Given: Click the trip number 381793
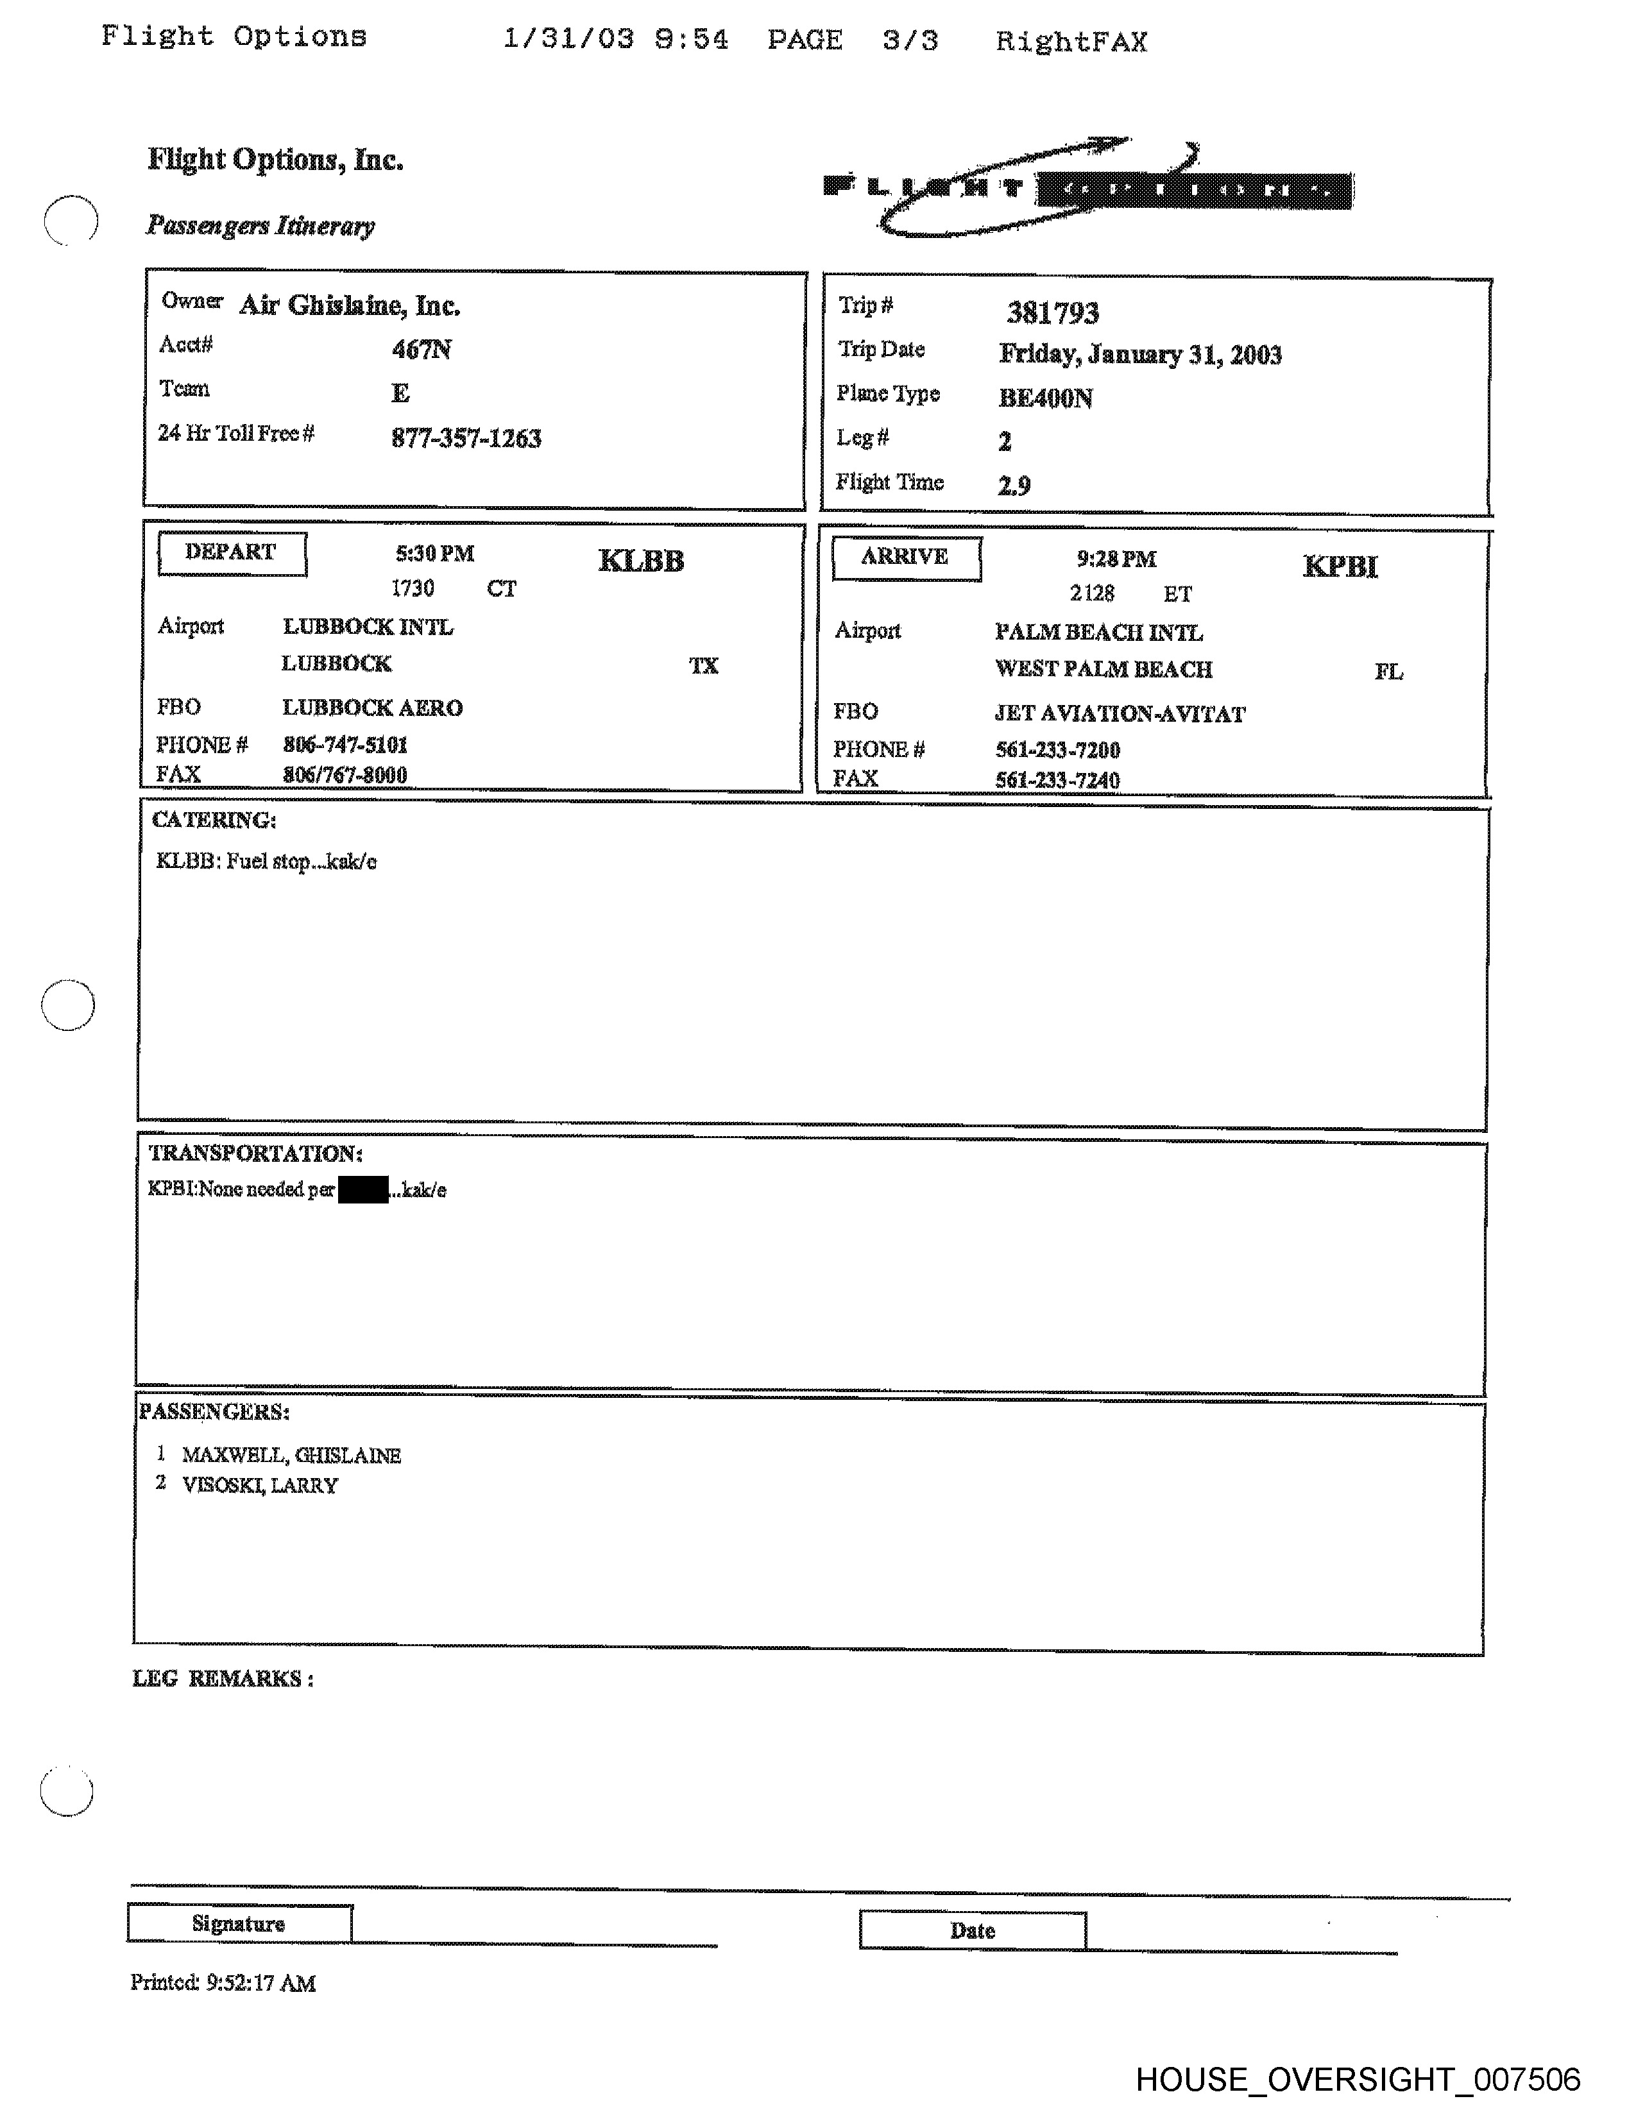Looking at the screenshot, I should point(1053,313).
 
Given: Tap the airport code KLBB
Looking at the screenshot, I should point(641,561).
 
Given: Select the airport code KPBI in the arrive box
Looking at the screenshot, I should point(1340,566).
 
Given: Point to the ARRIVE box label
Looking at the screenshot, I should point(905,558).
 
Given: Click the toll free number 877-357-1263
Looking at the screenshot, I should point(466,439).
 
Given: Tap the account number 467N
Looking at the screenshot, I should point(422,350).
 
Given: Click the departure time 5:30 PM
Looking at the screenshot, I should point(434,554).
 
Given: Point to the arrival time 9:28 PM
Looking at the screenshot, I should point(1116,559).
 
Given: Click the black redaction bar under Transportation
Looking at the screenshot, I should point(362,1189).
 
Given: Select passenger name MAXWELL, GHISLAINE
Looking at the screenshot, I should point(291,1455).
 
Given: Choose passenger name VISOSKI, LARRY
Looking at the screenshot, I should point(260,1486).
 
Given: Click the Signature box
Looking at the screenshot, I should point(239,1924).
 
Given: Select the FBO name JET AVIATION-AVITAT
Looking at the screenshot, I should point(1120,715).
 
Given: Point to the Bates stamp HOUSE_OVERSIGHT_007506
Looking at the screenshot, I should point(1357,2080).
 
